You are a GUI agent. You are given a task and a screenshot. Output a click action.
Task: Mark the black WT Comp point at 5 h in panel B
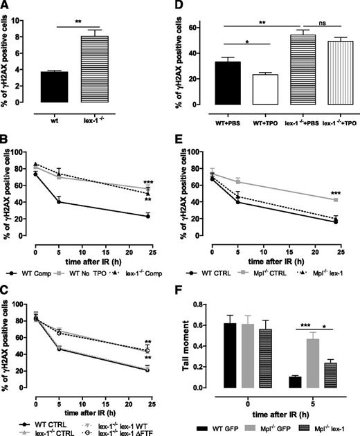(x=60, y=201)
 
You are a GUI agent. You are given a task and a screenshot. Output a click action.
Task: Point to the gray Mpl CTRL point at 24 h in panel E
(x=336, y=200)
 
